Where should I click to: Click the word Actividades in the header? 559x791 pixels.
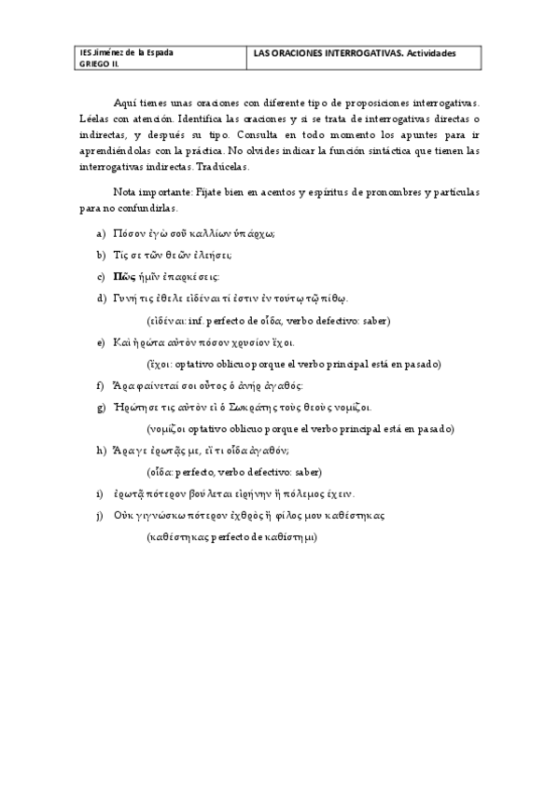click(x=427, y=53)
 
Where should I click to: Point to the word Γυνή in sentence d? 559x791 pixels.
click(x=127, y=298)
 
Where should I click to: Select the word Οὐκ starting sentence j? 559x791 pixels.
click(x=125, y=515)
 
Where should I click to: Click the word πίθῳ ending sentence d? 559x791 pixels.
click(x=332, y=298)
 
